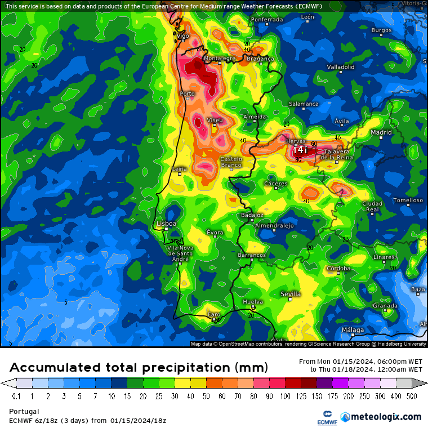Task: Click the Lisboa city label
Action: [166, 224]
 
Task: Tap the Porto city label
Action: [187, 93]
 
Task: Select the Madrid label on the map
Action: [381, 133]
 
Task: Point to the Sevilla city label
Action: [291, 294]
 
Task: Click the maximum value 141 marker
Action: [300, 150]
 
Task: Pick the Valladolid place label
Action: [341, 67]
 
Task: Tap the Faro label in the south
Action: [213, 314]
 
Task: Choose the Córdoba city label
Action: [338, 269]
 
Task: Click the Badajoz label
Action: [252, 215]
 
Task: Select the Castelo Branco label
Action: [231, 162]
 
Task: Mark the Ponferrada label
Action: [267, 20]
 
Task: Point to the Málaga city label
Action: [353, 330]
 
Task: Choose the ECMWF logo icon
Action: [324, 417]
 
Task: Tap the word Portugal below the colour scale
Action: [24, 411]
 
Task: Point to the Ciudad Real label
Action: [372, 206]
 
